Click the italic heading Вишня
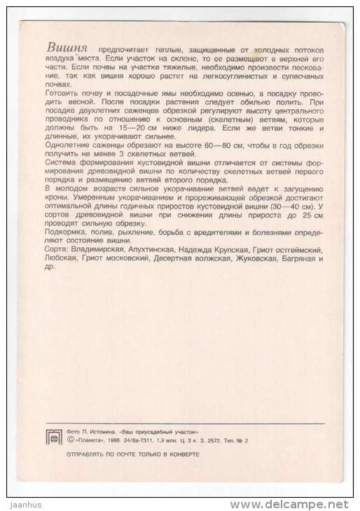[67, 48]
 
